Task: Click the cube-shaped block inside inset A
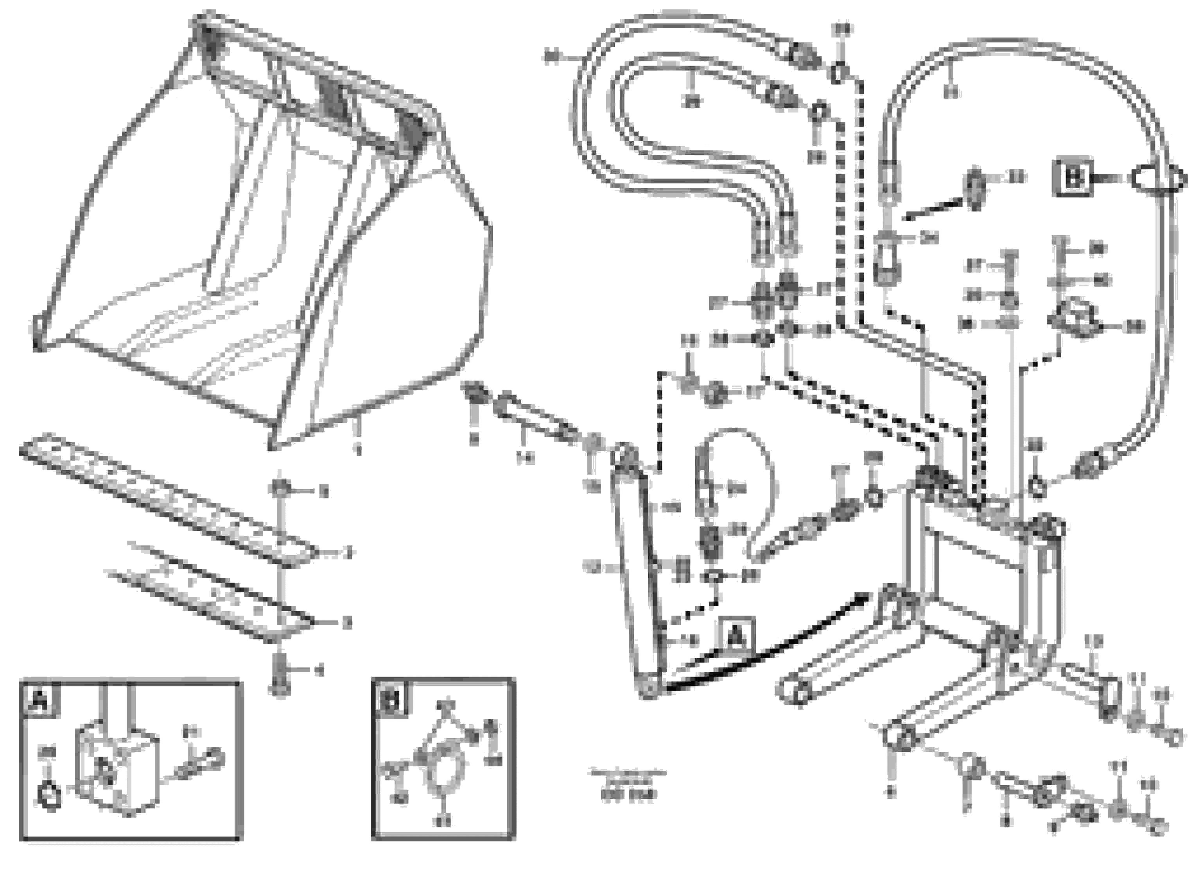pyautogui.click(x=116, y=770)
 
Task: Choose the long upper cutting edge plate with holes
pyautogui.click(x=168, y=500)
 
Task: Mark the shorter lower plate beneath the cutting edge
pyautogui.click(x=211, y=595)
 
